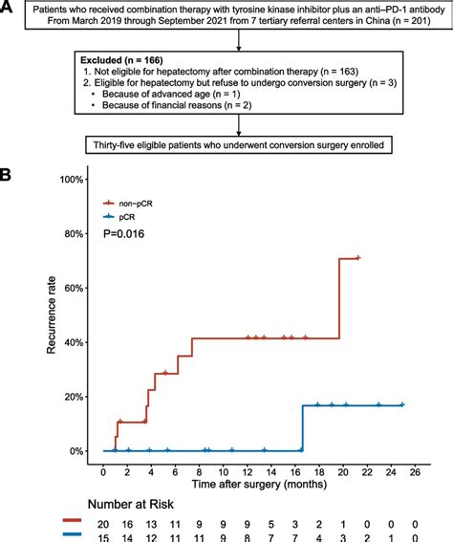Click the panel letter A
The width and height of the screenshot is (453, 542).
pyautogui.click(x=8, y=9)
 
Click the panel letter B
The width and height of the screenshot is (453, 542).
pyautogui.click(x=8, y=176)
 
